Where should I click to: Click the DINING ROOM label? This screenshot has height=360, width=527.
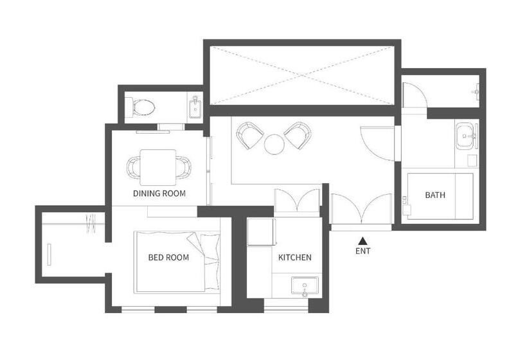tap(159, 193)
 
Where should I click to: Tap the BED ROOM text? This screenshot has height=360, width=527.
tap(168, 258)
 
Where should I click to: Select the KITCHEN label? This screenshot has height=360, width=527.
tap(294, 258)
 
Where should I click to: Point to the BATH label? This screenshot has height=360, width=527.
tap(435, 195)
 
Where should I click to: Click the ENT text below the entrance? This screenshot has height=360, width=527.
tap(362, 251)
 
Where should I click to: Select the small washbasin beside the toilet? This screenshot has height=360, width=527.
tap(195, 107)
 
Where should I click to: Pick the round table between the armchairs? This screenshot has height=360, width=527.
tap(274, 144)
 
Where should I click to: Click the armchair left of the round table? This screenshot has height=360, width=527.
tap(249, 135)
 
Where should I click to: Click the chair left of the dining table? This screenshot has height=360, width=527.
tap(134, 168)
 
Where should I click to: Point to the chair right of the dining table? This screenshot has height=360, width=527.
tap(184, 168)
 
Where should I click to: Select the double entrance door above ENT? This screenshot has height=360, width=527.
tap(362, 210)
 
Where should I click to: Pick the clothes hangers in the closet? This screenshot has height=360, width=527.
tap(89, 223)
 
